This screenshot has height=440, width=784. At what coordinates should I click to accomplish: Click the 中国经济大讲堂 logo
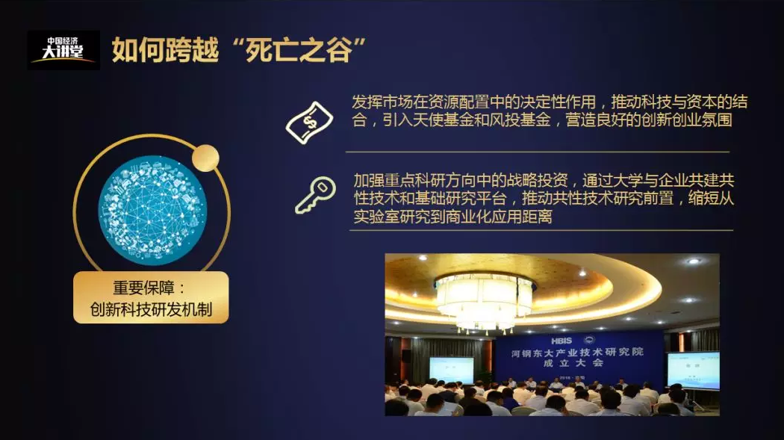point(63,50)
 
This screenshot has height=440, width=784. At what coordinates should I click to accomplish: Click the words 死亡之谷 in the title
point(299,51)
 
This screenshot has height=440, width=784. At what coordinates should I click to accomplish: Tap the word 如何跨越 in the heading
point(165,51)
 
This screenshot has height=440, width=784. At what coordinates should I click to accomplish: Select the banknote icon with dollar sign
point(310,123)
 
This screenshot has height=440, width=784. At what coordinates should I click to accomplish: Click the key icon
point(315,195)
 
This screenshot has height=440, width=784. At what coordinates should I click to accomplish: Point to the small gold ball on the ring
point(205,158)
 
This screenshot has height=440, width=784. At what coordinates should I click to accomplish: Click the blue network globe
point(152,210)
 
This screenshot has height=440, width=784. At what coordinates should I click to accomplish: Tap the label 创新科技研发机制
point(151,309)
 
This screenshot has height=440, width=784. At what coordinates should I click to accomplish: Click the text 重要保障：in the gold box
point(149,288)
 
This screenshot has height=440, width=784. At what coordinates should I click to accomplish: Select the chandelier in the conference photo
point(484,302)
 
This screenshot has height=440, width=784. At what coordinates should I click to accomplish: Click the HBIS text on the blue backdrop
point(561,341)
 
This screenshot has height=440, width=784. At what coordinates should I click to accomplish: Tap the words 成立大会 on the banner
point(573,364)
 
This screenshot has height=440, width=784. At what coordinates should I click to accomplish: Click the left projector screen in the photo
point(452,371)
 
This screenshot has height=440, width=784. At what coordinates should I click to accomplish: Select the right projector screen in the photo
point(694,371)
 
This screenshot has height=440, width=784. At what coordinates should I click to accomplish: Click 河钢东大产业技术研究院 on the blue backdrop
point(577,353)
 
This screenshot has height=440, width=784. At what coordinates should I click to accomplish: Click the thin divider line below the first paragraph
point(538,152)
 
